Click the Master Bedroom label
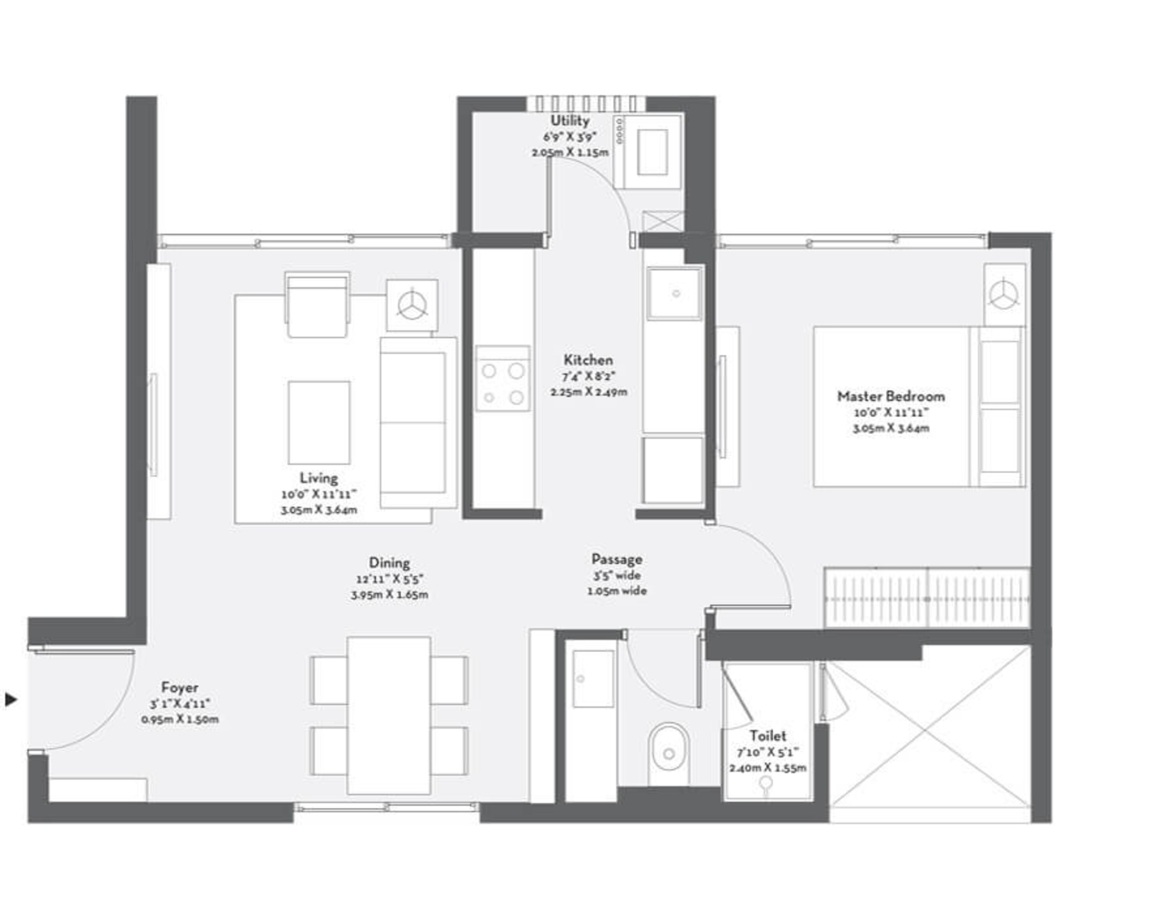click(x=891, y=397)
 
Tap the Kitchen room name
click(x=588, y=360)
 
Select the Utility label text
click(x=570, y=121)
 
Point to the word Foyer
click(x=180, y=687)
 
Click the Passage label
click(x=617, y=559)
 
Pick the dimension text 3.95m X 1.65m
click(x=390, y=595)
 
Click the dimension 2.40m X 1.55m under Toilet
click(x=768, y=768)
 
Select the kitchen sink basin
click(x=674, y=294)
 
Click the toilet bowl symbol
click(x=668, y=752)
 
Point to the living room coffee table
click(x=319, y=422)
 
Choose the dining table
click(x=388, y=715)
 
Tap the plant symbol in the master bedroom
click(x=1004, y=295)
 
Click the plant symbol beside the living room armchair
click(x=412, y=305)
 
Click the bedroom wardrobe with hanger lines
click(x=927, y=597)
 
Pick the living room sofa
click(x=418, y=422)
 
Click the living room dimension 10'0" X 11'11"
click(x=319, y=494)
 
